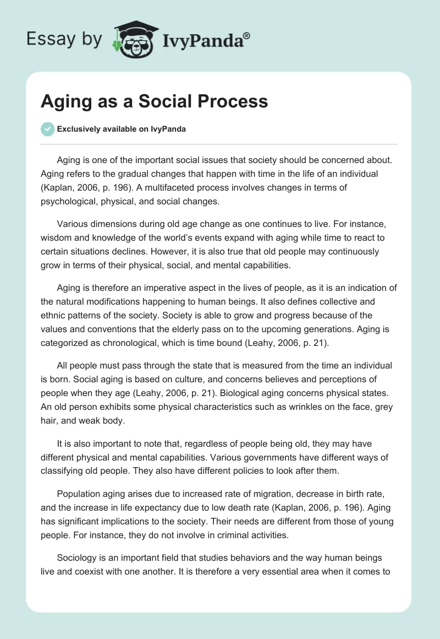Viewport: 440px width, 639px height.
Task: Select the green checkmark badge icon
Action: (48, 129)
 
